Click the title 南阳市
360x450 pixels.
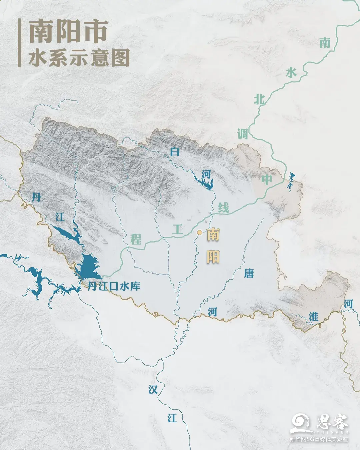[68, 32]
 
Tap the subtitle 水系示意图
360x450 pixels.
[79, 59]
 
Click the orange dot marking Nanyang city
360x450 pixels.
[199, 233]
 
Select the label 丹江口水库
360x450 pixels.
[114, 286]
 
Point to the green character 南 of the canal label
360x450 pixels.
[325, 43]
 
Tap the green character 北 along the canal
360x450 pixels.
[259, 99]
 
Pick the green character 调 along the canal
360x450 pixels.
[243, 134]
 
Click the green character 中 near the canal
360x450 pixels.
[267, 180]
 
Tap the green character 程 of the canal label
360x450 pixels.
[136, 239]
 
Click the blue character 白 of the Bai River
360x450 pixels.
[175, 152]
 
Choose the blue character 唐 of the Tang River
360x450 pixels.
[249, 274]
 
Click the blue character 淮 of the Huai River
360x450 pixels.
[313, 317]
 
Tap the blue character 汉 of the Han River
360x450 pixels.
[153, 389]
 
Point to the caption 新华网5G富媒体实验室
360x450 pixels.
[319, 439]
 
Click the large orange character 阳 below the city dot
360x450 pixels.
[213, 257]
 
